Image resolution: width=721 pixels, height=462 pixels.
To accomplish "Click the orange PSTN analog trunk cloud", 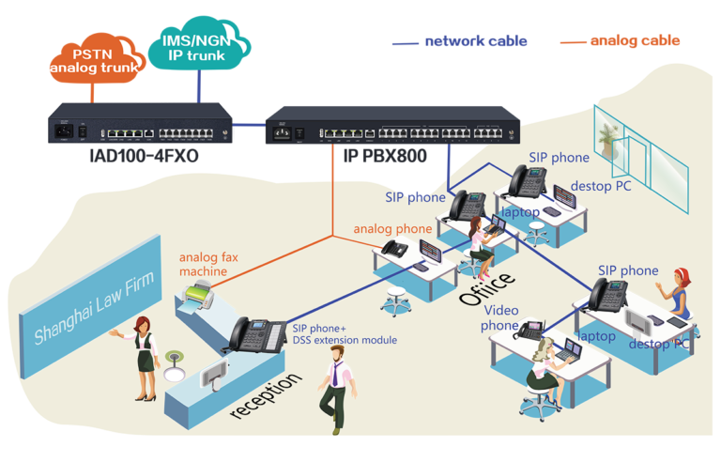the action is tap(97, 58).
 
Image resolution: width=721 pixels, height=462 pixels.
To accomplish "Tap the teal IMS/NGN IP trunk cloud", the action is tap(199, 44).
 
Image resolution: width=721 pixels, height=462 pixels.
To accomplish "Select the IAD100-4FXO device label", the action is tap(144, 156).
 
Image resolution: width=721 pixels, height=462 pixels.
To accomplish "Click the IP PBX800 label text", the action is tap(385, 156).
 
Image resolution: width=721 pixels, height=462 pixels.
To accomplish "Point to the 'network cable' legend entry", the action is tap(460, 41).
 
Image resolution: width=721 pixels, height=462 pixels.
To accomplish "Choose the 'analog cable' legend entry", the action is tap(620, 41).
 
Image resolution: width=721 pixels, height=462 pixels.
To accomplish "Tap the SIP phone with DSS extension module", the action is tap(257, 335).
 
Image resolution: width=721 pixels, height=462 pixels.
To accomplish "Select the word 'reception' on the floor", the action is tap(267, 395).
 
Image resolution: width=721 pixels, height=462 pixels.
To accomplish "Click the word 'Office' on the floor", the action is tap(486, 288).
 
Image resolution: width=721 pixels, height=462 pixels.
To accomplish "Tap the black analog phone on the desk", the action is tap(395, 249).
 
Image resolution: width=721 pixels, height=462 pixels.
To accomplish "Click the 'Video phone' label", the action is tap(499, 318).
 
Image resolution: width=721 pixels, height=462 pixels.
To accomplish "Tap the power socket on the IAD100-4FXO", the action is tap(64, 131).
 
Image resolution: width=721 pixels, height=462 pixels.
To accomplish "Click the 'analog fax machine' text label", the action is tap(208, 264).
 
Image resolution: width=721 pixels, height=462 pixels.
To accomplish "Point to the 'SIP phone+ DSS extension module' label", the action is tap(345, 334).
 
